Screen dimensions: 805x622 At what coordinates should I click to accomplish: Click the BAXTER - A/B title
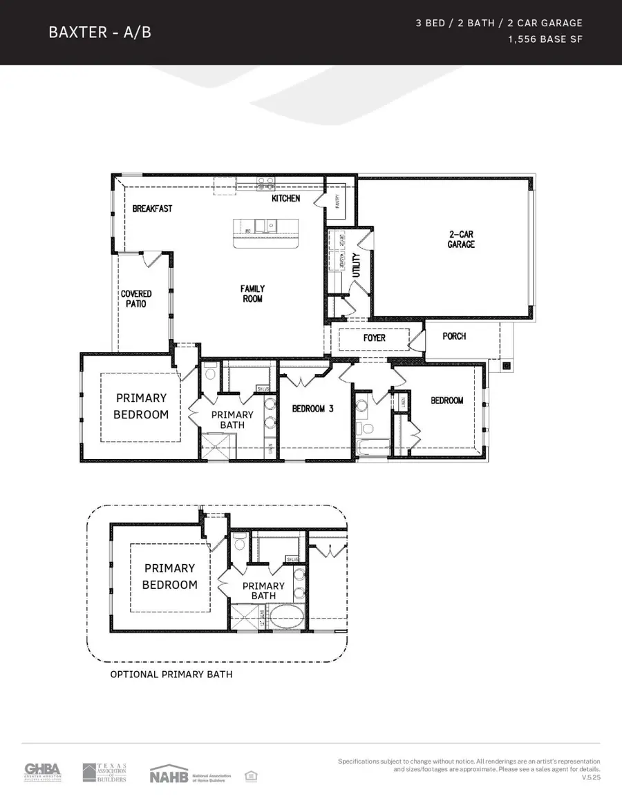[x=100, y=32]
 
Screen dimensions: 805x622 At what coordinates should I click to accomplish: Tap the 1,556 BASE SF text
[x=545, y=39]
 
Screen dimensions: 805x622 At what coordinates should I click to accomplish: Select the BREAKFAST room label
[x=152, y=208]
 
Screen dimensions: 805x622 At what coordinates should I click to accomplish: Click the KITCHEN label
[x=285, y=198]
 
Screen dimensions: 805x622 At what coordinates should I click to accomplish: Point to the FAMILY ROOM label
[x=252, y=293]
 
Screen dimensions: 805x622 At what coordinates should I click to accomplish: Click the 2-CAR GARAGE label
[x=461, y=239]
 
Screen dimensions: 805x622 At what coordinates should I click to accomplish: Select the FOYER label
[x=374, y=338]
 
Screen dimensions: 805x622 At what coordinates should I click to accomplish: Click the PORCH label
[x=454, y=336]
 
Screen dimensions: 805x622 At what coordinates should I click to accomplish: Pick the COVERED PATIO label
[x=136, y=298]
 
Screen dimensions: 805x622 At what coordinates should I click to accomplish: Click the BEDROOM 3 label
[x=312, y=409]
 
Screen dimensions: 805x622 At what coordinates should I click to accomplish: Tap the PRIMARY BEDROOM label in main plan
[x=141, y=406]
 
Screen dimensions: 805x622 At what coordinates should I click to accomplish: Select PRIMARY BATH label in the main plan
[x=232, y=420]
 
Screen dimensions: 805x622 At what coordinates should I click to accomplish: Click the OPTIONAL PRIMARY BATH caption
[x=171, y=674]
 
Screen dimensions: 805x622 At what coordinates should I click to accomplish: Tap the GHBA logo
[x=43, y=772]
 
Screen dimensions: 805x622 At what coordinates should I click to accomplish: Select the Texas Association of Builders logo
[x=104, y=773]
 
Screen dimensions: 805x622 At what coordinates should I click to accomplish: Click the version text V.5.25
[x=591, y=777]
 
